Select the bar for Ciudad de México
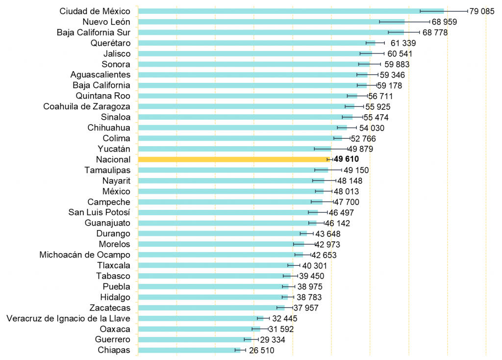291,11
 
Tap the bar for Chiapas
189,350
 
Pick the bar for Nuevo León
271,22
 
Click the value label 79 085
482,11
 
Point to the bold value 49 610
346,159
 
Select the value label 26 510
261,350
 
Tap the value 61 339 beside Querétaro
403,43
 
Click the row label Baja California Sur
94,32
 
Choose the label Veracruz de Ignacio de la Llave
69,318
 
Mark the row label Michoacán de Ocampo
85,255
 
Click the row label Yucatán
114,149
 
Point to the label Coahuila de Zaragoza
87,106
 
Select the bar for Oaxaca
199,329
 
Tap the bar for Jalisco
255,53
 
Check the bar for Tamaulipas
233,170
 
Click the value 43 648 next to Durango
327,233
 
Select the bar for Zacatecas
211,308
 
